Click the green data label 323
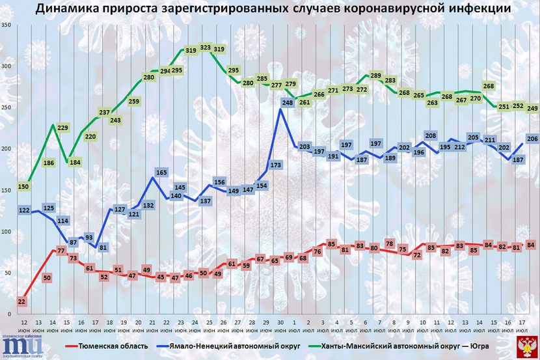(x=206, y=48)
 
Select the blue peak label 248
(x=288, y=102)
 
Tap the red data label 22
(x=22, y=301)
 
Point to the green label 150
(x=22, y=187)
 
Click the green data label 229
(x=63, y=128)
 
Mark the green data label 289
(x=375, y=76)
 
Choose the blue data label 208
(x=429, y=136)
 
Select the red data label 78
(x=390, y=243)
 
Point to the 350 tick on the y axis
(x=6, y=25)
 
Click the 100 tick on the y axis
(x=6, y=232)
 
